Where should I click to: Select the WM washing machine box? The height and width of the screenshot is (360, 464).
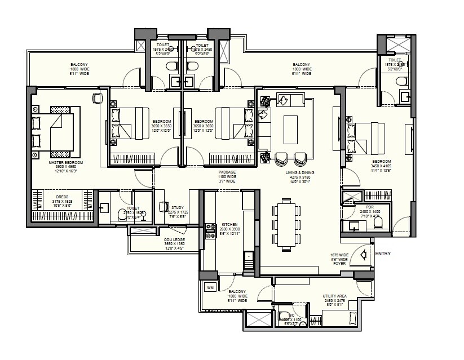(x=210, y=287)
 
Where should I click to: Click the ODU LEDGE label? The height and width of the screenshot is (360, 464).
(x=174, y=239)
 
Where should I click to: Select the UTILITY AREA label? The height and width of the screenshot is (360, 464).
(x=334, y=296)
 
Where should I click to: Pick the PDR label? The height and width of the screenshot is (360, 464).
(x=370, y=207)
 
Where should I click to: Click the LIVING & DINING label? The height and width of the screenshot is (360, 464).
(x=299, y=173)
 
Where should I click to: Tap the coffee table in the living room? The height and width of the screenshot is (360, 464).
(x=290, y=130)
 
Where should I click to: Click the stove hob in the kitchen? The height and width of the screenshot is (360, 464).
(x=211, y=229)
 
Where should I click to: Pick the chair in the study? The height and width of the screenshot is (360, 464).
(x=164, y=207)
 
